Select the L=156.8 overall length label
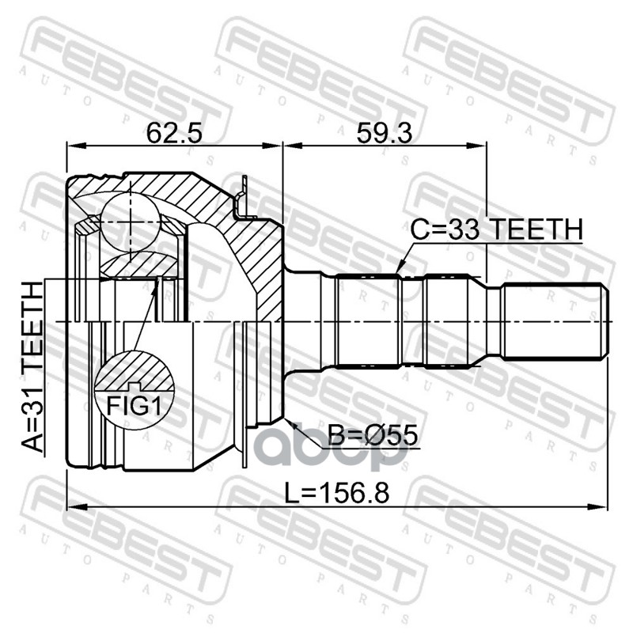click(337, 493)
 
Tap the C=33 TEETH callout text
click(497, 229)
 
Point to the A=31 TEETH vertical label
click(32, 367)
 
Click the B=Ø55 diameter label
click(372, 436)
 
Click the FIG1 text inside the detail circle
click(134, 406)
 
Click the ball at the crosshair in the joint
click(131, 222)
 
